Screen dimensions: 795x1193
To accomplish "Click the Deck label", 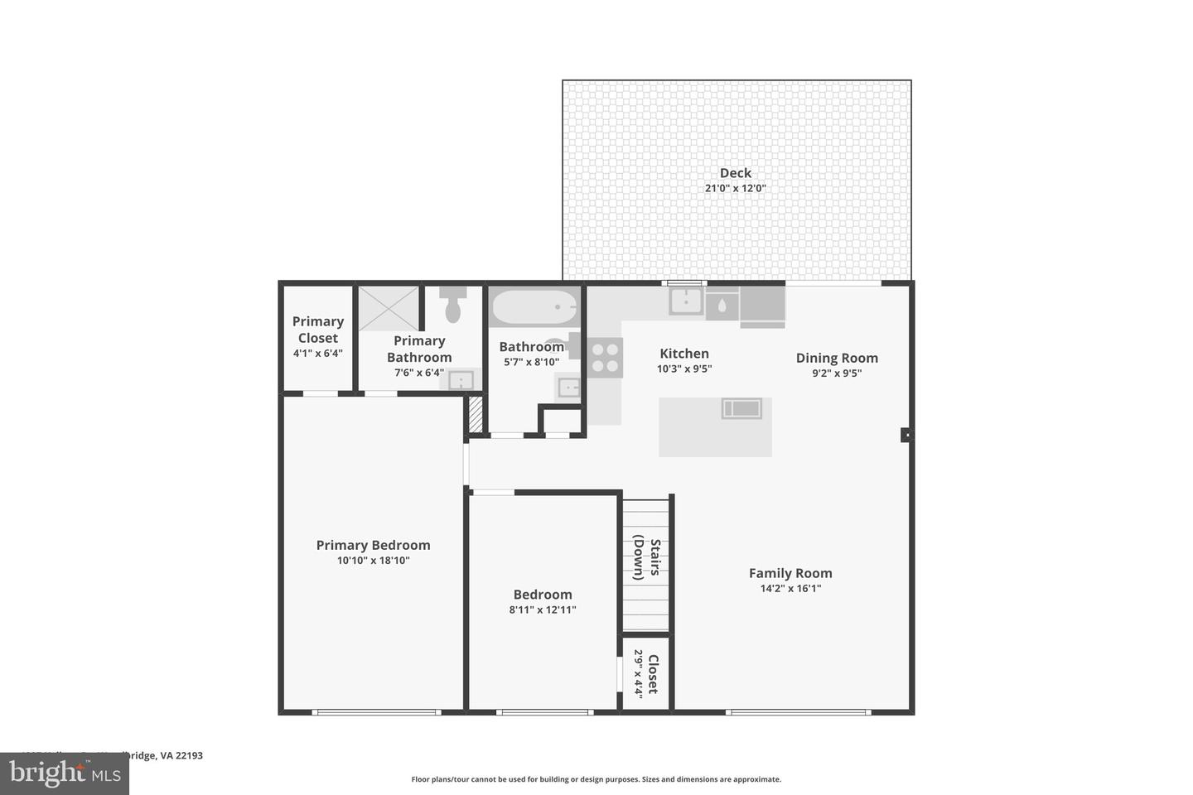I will click(x=735, y=173).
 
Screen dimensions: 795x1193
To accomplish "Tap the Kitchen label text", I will click(x=683, y=354).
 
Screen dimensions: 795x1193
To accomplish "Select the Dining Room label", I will click(x=837, y=358).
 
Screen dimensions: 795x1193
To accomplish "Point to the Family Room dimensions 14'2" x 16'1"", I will click(x=790, y=589).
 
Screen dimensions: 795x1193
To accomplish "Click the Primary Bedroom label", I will click(x=373, y=545).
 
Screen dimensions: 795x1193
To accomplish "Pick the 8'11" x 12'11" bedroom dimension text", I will click(x=543, y=610).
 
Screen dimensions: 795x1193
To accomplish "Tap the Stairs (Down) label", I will click(x=646, y=559).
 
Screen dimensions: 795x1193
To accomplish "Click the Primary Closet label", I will click(x=317, y=330).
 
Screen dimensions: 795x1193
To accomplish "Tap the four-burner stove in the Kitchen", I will click(x=606, y=357).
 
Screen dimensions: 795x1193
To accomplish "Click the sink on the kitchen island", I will click(x=741, y=408).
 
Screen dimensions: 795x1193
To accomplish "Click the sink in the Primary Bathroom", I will click(x=461, y=380).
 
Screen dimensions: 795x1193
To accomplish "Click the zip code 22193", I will click(x=190, y=755).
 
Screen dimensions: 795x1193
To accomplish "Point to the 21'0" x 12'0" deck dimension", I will click(x=735, y=189).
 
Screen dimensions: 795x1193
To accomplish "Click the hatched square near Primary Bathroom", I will click(x=475, y=414).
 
